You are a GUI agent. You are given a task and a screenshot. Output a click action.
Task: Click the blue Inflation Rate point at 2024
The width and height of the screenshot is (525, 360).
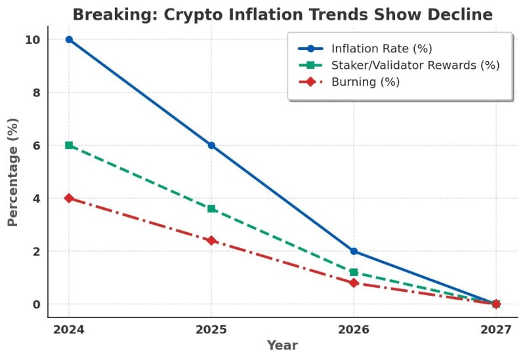[69, 39]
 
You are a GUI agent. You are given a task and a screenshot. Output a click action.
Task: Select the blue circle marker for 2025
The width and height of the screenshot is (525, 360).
[211, 145]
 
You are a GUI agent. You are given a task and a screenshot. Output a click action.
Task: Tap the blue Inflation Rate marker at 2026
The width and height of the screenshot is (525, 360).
[354, 251]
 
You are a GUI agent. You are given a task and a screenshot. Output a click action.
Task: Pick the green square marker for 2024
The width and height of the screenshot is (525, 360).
[69, 145]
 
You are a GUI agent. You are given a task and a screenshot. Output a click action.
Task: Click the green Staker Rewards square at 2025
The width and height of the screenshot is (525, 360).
[211, 209]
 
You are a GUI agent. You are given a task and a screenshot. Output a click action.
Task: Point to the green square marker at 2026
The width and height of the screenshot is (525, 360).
[354, 272]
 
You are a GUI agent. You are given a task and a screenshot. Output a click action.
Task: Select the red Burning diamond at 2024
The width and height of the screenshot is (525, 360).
[69, 198]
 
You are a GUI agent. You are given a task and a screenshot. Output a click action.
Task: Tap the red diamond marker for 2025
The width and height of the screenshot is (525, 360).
[211, 241]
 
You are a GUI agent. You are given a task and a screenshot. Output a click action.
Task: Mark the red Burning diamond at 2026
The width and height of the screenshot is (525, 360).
[354, 283]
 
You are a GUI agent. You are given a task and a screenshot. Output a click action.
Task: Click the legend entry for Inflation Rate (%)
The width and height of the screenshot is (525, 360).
[381, 49]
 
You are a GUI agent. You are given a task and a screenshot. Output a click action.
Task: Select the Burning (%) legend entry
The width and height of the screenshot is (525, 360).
[365, 82]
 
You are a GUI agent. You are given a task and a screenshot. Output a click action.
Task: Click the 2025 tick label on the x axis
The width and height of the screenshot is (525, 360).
[211, 329]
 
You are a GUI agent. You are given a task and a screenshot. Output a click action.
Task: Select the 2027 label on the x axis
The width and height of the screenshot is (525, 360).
[496, 329]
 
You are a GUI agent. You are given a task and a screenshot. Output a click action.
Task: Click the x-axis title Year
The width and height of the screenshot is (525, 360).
[282, 346]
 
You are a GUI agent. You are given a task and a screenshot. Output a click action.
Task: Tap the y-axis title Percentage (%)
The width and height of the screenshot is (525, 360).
[12, 172]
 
